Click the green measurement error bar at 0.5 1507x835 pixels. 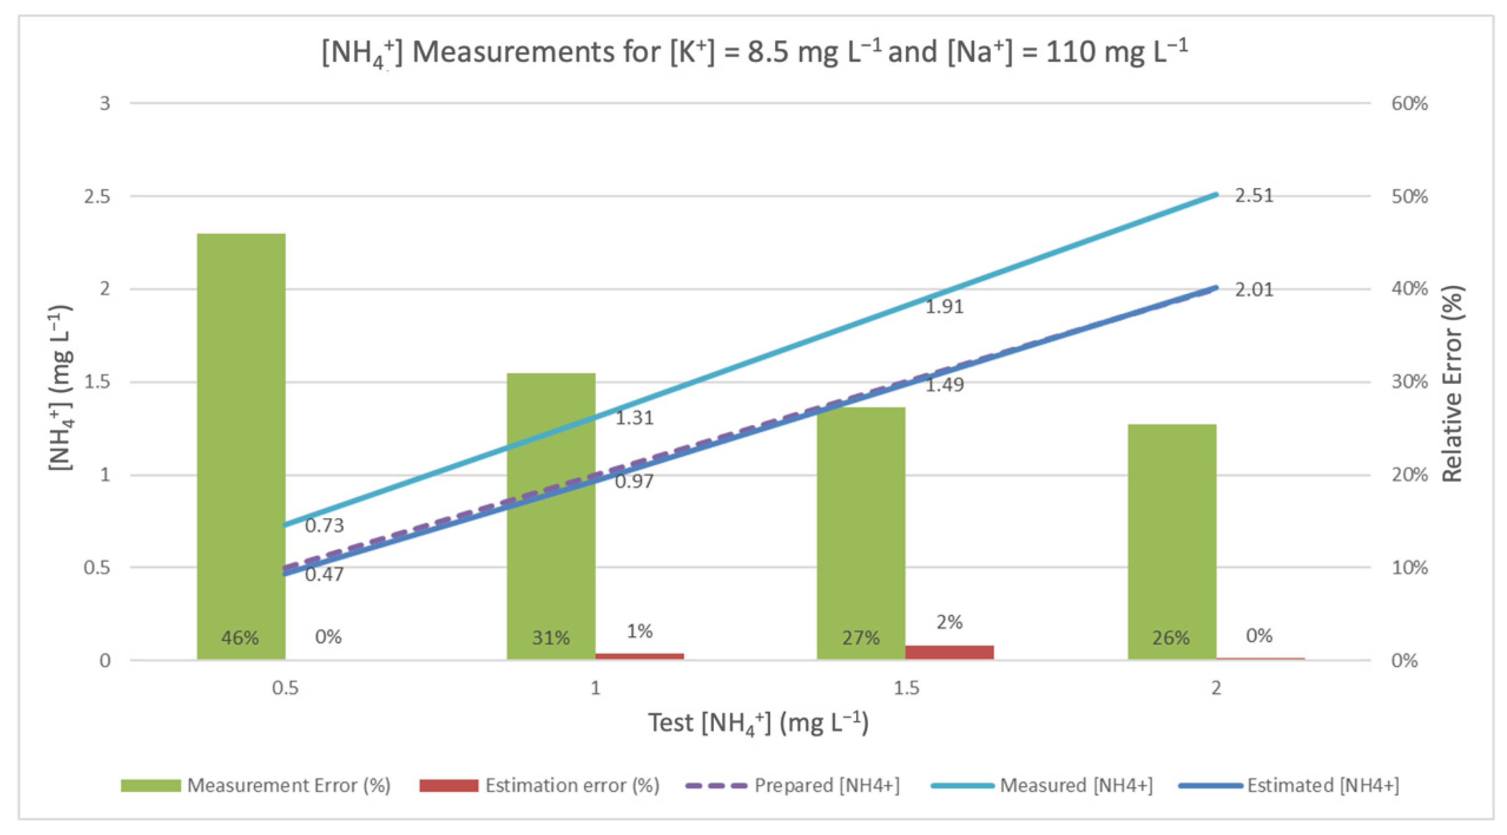241,445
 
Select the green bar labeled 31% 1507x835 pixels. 551,515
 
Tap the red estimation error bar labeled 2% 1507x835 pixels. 949,652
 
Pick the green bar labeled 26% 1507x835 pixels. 1172,541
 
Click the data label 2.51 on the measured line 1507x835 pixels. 1254,195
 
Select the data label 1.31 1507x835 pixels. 634,418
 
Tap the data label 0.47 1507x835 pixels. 324,574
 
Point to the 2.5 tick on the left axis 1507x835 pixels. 97,197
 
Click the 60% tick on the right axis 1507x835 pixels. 1409,104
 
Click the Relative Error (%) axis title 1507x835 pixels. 1451,383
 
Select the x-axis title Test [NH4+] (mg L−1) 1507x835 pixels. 758,723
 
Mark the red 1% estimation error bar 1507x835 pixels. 639,655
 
